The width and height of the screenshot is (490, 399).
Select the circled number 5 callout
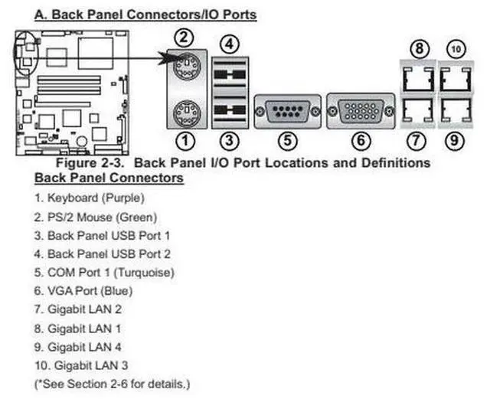[286, 141]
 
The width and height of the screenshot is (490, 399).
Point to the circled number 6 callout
[362, 141]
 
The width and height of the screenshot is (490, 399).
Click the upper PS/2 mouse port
[183, 74]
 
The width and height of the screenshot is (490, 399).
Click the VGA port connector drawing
[361, 110]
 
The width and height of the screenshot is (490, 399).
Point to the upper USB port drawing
[230, 75]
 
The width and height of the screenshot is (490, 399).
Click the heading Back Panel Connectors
[109, 178]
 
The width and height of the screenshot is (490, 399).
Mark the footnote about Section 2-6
[113, 382]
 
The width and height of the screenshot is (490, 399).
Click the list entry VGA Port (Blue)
[90, 290]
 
